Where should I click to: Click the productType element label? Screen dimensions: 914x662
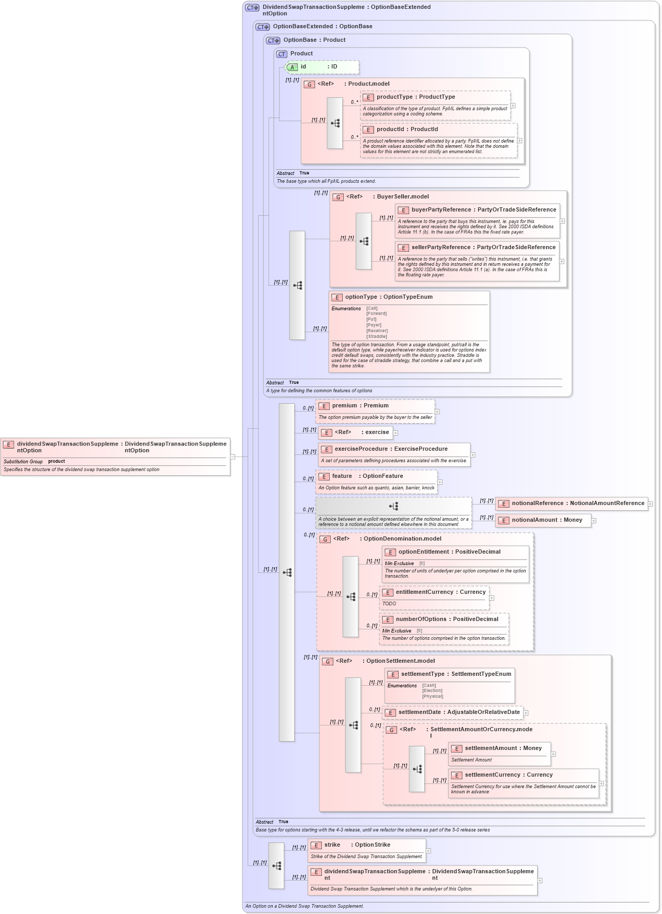(415, 97)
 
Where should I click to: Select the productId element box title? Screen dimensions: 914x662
(407, 130)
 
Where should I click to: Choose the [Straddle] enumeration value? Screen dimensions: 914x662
(376, 336)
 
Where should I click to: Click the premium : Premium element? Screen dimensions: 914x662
(360, 406)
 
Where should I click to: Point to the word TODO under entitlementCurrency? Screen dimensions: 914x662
(389, 604)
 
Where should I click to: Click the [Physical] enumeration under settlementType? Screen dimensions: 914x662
(433, 696)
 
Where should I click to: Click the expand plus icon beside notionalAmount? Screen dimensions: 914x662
(594, 521)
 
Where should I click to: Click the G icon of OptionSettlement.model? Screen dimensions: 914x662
(328, 662)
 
